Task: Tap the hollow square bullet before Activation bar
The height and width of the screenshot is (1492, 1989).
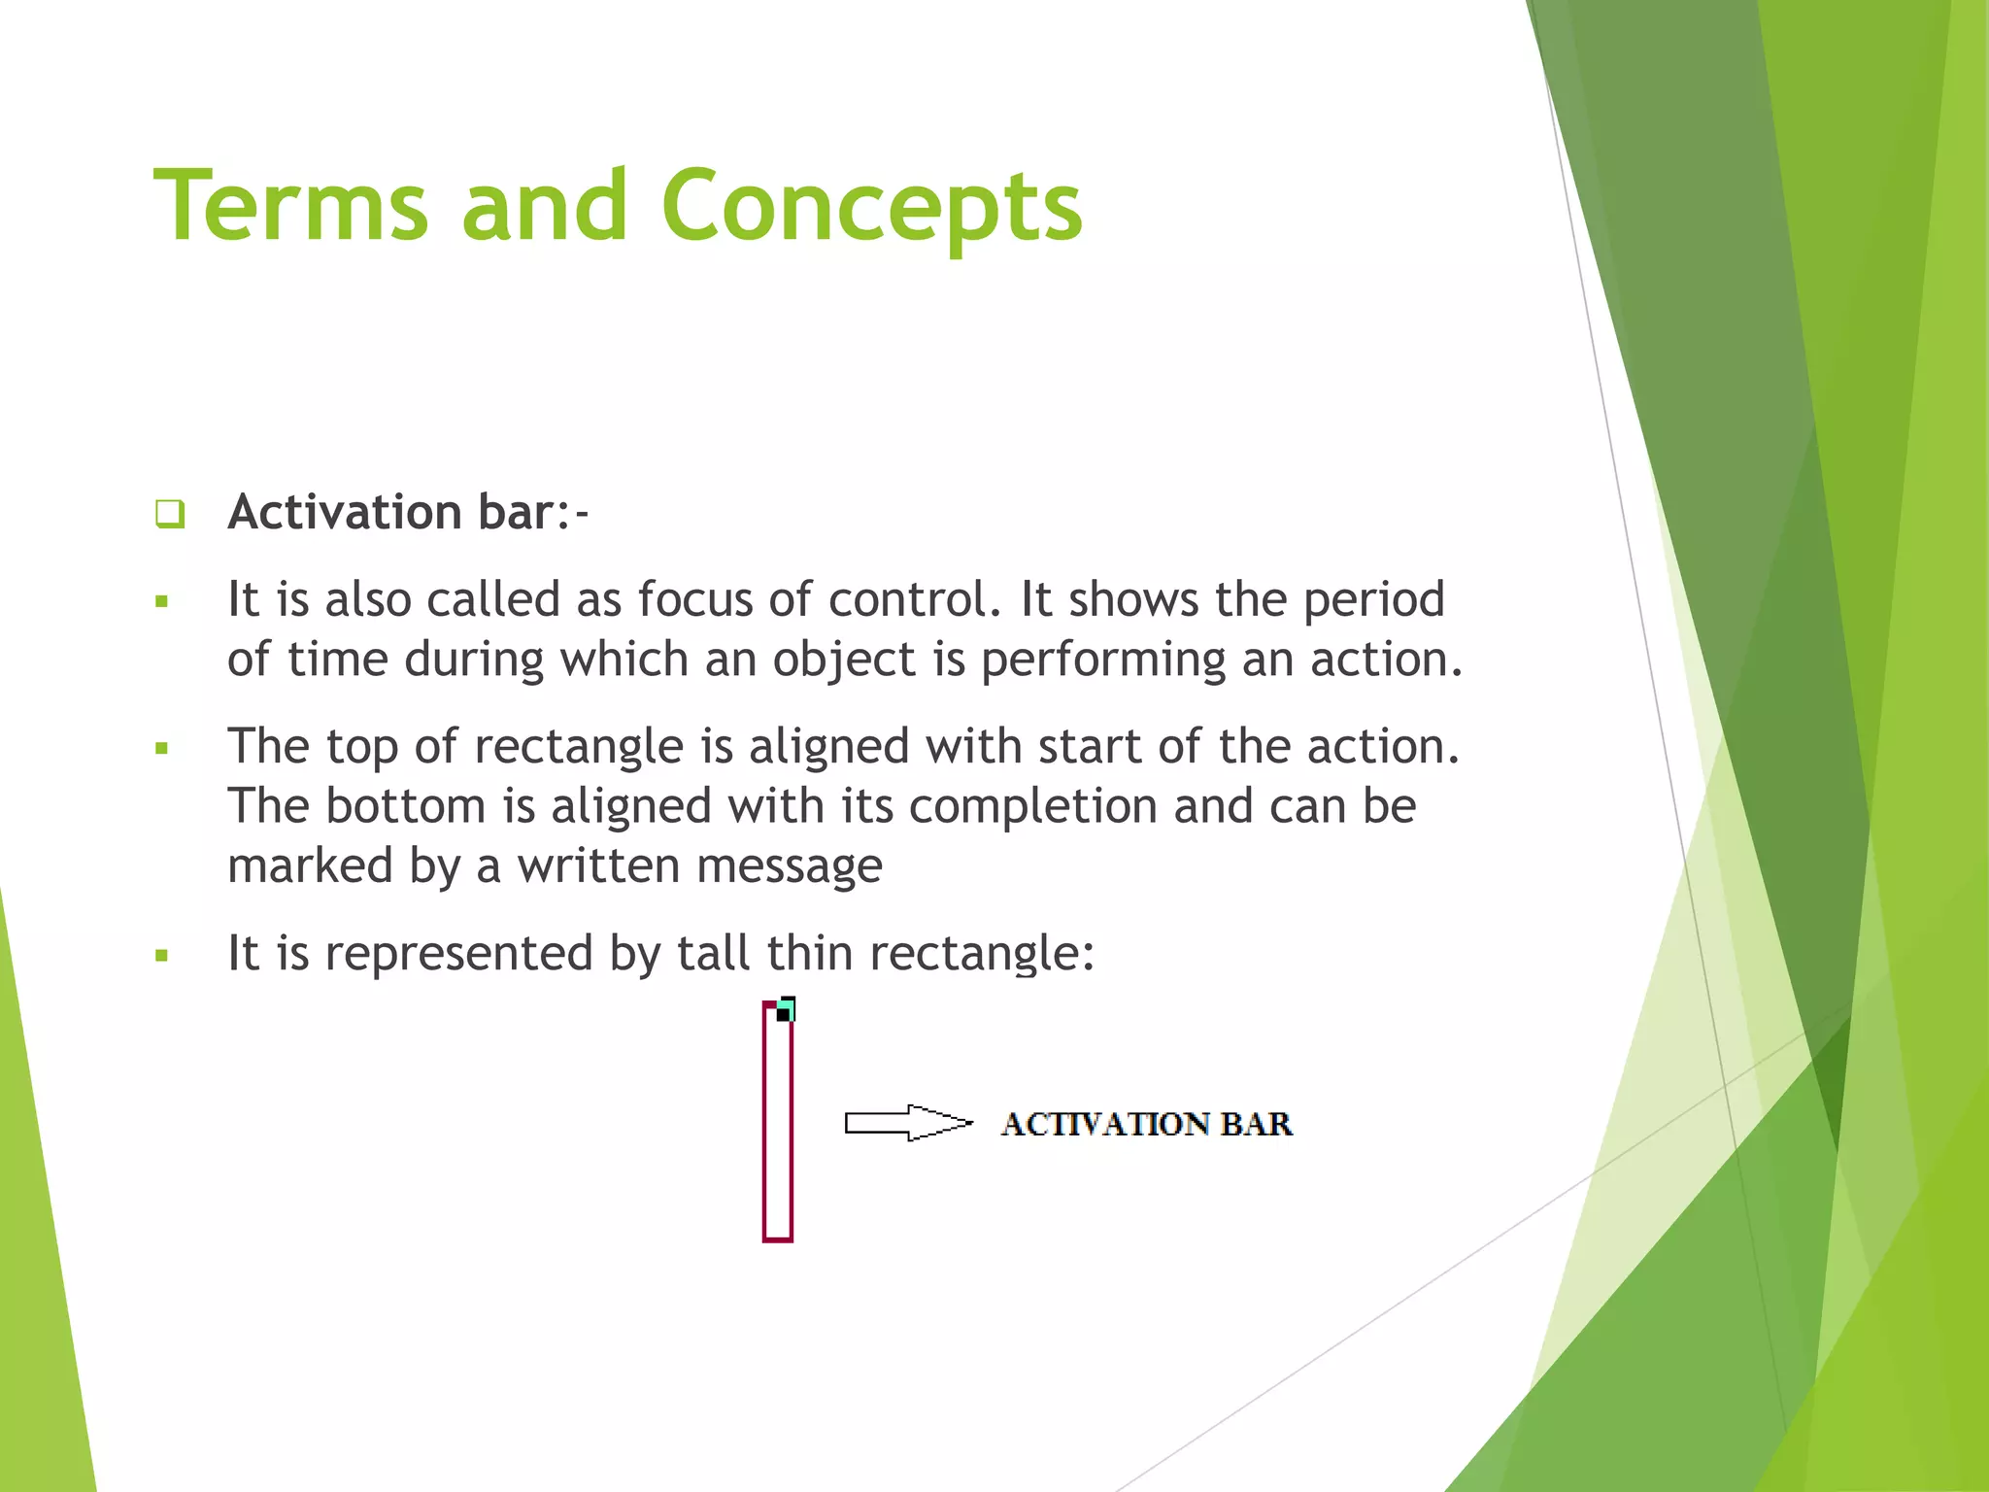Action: tap(170, 513)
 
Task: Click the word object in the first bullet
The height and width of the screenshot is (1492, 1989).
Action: tap(844, 661)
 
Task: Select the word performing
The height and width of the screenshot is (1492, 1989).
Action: tap(1103, 661)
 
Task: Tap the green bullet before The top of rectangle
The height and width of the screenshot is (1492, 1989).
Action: tap(162, 749)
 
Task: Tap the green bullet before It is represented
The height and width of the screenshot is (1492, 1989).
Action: tap(162, 956)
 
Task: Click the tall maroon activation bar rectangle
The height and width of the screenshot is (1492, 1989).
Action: tap(778, 1127)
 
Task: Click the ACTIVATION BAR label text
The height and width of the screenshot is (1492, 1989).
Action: tap(1146, 1124)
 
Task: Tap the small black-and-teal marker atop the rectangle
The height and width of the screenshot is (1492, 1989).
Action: tap(786, 1010)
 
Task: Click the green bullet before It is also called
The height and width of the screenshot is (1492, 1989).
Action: tap(162, 602)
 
